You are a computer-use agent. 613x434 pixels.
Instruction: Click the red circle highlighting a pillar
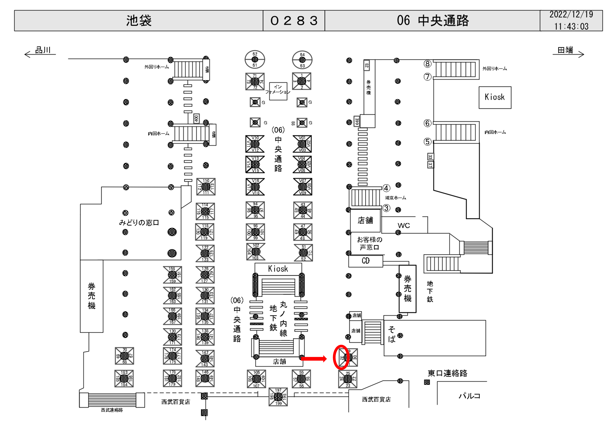pos(341,357)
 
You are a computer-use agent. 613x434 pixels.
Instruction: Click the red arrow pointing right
pos(314,358)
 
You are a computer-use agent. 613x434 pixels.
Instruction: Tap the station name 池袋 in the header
pos(139,21)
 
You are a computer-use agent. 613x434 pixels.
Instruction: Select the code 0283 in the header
pos(294,21)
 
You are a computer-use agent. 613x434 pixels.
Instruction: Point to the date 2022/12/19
pos(571,15)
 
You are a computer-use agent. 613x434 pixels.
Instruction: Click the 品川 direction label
pos(43,50)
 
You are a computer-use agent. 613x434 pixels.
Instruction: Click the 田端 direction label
pos(565,50)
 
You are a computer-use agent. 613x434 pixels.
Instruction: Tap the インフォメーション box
pos(278,91)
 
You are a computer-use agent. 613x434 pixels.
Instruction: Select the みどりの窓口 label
pos(139,223)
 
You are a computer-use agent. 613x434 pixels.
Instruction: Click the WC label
pos(403,225)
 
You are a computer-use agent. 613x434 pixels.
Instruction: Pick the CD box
pos(366,261)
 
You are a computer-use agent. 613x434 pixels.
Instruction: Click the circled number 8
pos(427,64)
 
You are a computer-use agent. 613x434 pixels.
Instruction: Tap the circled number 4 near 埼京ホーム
pos(386,188)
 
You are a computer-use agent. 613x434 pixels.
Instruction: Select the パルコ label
pos(469,396)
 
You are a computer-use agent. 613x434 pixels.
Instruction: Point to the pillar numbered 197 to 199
pos(278,397)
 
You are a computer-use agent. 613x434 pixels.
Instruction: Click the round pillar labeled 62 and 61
pos(255,59)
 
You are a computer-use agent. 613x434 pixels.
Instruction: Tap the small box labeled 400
pos(196,118)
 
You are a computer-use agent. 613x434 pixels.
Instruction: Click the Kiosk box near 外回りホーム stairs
pos(495,97)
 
